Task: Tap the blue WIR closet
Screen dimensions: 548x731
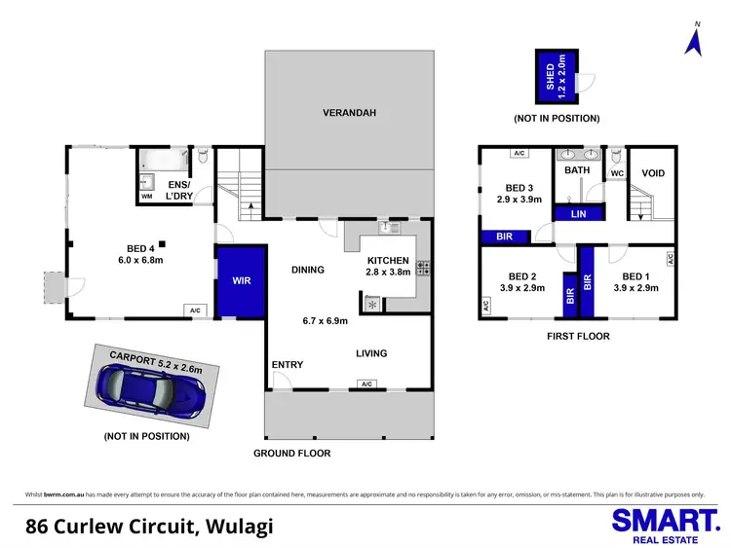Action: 239,281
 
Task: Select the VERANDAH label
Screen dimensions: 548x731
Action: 349,113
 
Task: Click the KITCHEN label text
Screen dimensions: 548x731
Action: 389,261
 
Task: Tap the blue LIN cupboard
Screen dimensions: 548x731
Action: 577,213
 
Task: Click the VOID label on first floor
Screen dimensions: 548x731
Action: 652,173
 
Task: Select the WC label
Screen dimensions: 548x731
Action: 616,174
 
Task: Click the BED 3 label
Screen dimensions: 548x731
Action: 519,187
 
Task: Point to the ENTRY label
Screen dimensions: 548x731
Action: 288,365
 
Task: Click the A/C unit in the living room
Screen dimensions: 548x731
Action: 366,384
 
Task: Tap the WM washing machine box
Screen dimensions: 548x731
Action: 146,197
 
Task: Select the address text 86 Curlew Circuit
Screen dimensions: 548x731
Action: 149,527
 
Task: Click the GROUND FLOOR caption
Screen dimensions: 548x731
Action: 291,454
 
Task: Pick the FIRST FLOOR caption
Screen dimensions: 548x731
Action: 577,337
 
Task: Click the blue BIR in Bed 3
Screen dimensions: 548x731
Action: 504,236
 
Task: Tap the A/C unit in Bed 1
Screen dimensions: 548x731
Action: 671,258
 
